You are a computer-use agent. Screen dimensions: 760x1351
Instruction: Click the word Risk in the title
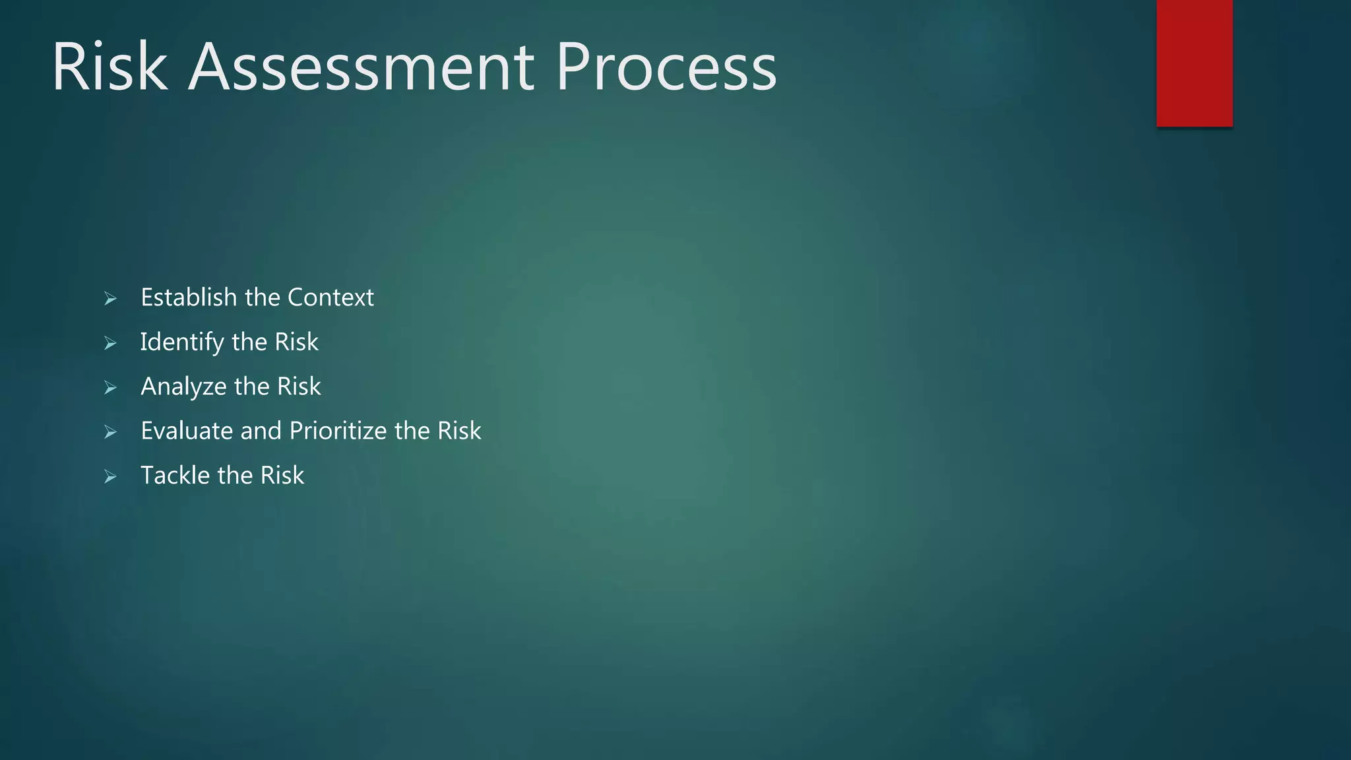(110, 67)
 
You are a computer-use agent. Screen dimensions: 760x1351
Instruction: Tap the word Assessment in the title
(361, 67)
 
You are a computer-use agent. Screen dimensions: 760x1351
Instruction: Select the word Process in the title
(666, 67)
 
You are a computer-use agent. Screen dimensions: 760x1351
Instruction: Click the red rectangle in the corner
(1194, 63)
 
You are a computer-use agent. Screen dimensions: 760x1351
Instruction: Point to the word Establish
(189, 298)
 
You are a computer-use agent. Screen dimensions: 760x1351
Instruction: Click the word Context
(330, 298)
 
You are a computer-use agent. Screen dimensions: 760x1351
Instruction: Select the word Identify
(182, 342)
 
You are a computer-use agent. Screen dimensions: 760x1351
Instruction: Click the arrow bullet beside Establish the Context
(110, 299)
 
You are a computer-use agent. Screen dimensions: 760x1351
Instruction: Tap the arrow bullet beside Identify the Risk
(110, 343)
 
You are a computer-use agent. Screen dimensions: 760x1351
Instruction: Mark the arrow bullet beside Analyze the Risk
(110, 388)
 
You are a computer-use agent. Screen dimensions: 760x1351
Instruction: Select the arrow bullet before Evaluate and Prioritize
(110, 432)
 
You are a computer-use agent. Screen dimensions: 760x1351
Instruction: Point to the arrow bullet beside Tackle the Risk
(110, 476)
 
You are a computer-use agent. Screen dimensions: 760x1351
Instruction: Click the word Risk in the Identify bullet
(296, 342)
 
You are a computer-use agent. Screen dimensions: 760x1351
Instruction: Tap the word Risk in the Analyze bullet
(299, 386)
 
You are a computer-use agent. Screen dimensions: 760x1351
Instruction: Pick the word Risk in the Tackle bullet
(282, 475)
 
